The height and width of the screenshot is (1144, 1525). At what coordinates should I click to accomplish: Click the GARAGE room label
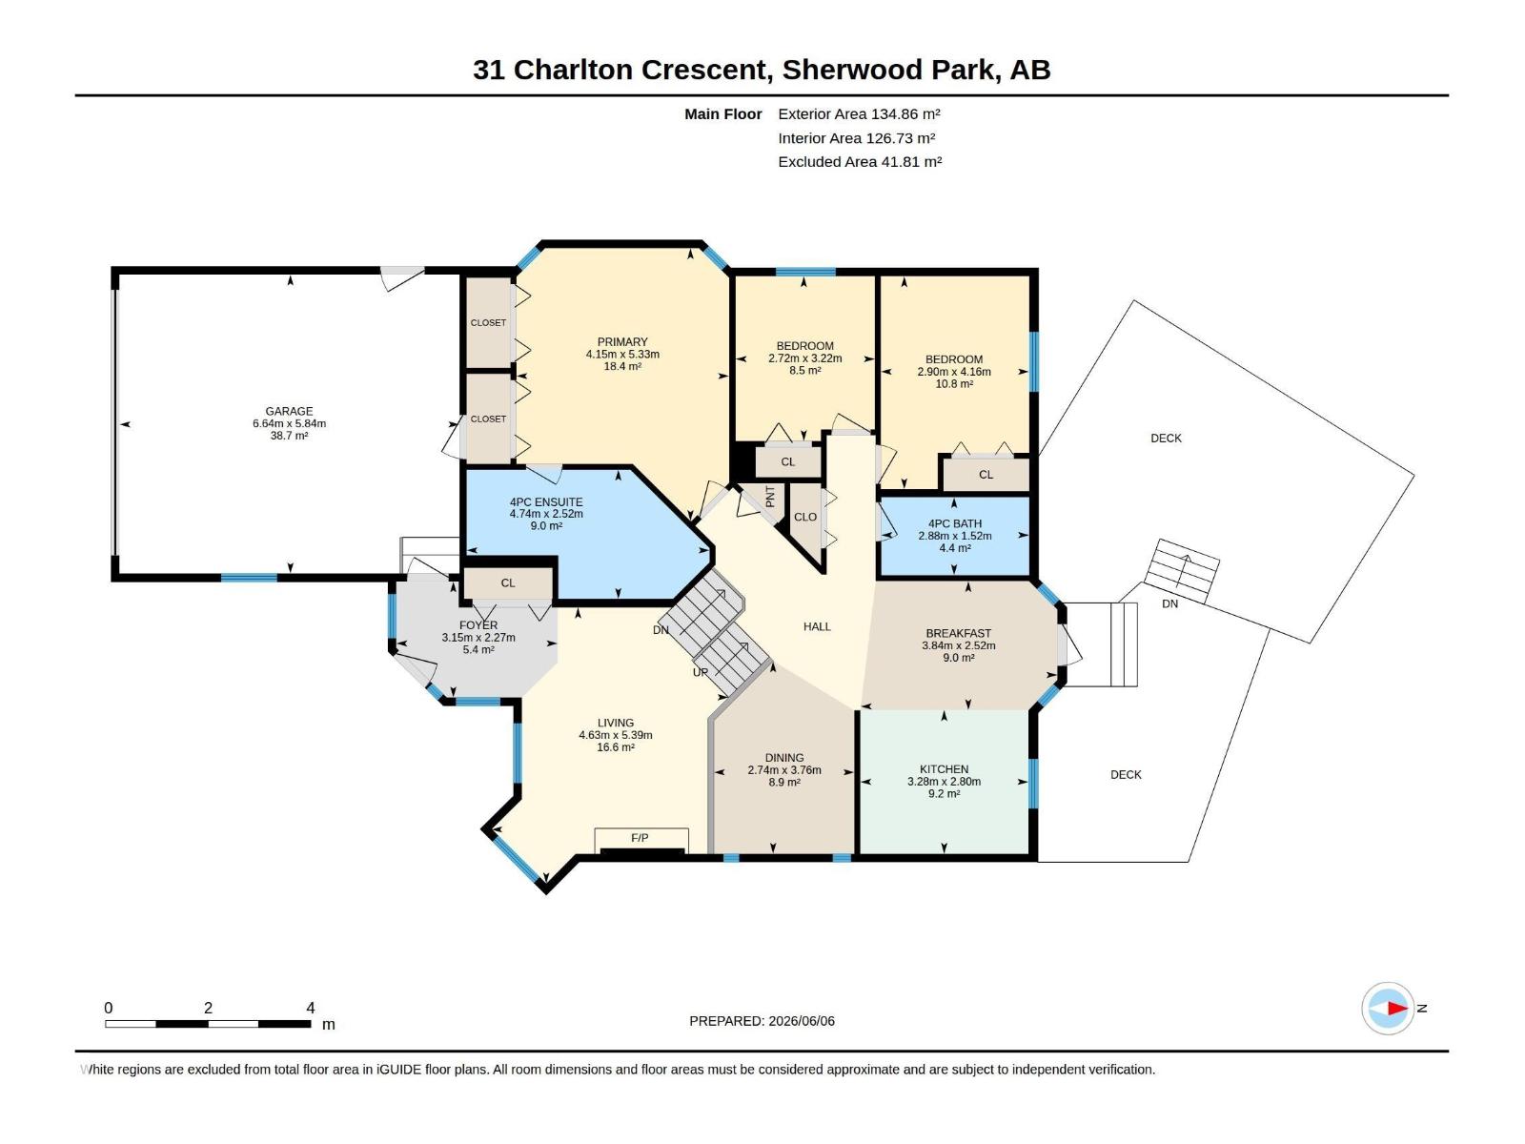[x=289, y=411]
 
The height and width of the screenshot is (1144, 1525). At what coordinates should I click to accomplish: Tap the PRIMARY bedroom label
[x=621, y=341]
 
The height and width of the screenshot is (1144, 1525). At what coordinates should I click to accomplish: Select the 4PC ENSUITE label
[x=546, y=502]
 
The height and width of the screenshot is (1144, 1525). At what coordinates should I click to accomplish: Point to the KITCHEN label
[x=944, y=769]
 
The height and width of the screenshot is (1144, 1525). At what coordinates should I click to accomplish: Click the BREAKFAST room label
[x=958, y=633]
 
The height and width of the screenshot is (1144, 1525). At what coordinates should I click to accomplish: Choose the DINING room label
[x=784, y=758]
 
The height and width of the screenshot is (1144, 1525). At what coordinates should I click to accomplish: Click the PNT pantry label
[x=770, y=496]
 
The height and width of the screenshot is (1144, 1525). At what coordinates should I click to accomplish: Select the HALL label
[x=817, y=626]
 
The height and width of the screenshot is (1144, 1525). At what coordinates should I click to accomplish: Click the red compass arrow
[x=1397, y=1008]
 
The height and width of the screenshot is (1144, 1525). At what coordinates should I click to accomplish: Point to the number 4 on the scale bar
[x=311, y=1007]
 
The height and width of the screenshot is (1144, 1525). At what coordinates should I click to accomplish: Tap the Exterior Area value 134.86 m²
[x=905, y=113]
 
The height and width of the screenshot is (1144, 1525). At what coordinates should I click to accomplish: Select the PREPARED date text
[x=762, y=1020]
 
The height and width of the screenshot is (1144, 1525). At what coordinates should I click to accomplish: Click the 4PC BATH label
[x=955, y=523]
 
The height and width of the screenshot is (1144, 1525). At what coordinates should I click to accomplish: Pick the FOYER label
[x=478, y=625]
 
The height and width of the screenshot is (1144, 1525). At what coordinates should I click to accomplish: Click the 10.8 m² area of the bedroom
[x=954, y=383]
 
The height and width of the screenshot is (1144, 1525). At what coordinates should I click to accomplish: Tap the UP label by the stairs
[x=701, y=672]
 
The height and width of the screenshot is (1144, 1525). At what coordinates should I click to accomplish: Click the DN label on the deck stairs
[x=1170, y=603]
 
